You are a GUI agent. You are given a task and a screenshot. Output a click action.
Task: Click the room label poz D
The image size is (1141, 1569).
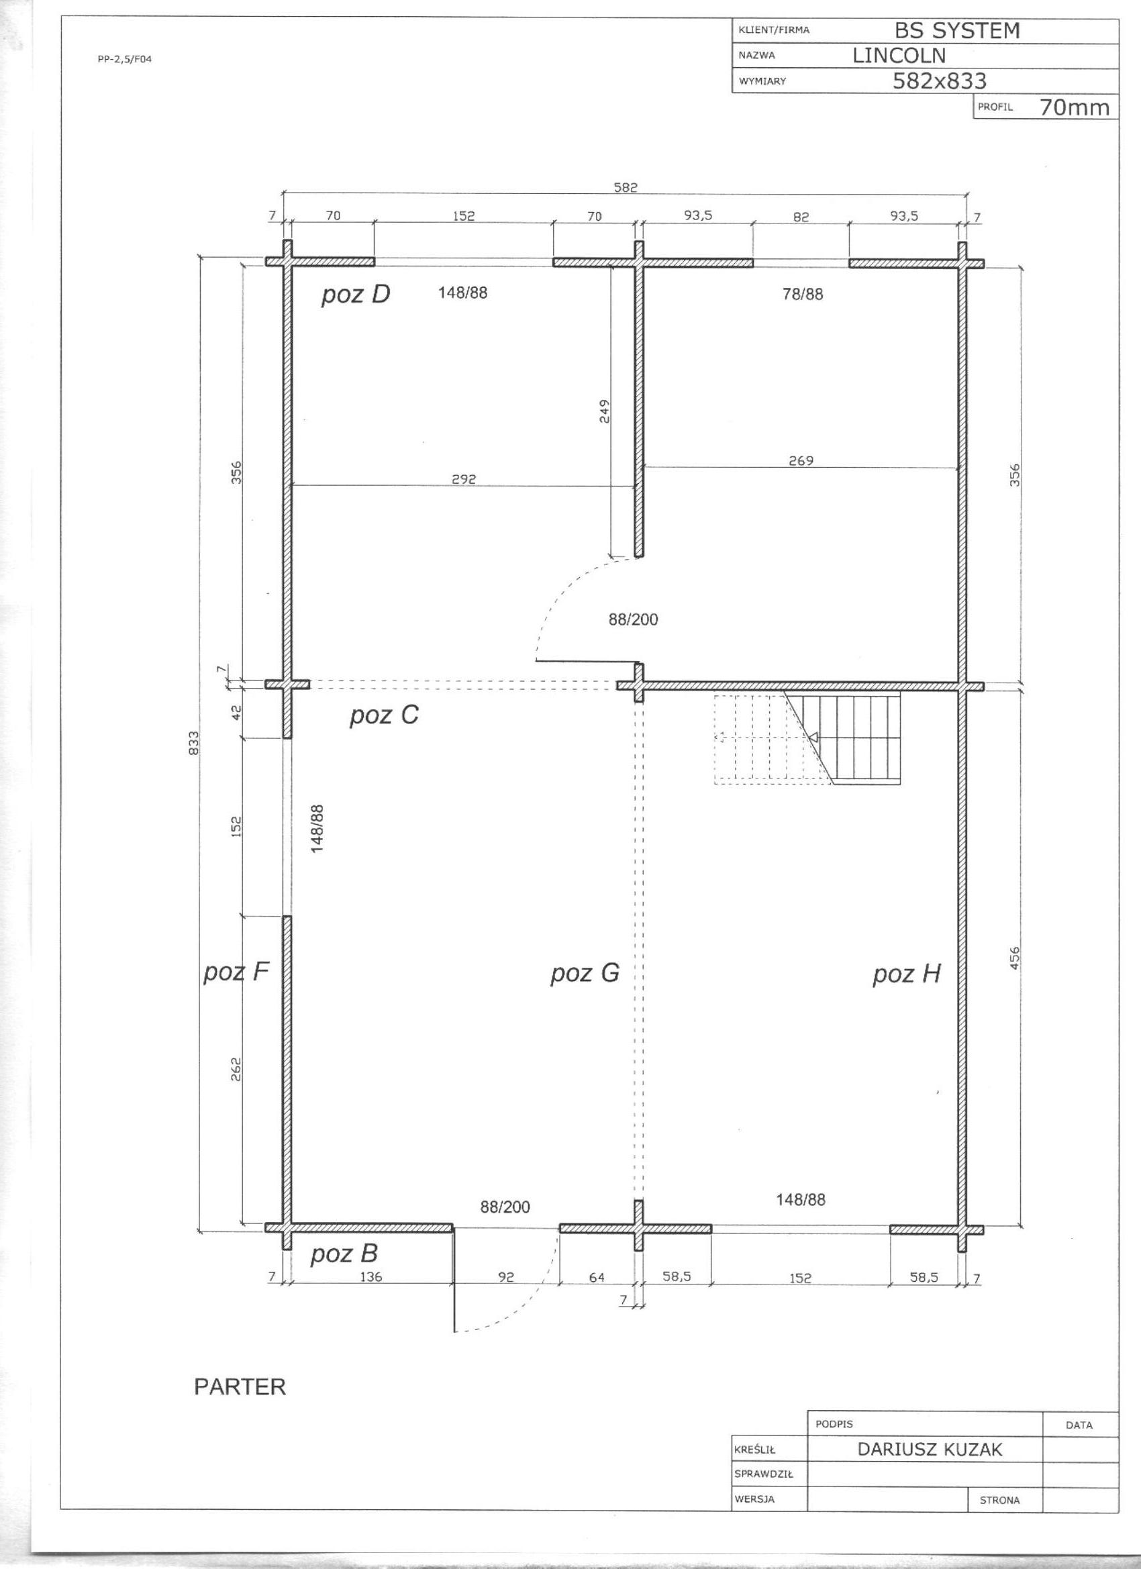356,295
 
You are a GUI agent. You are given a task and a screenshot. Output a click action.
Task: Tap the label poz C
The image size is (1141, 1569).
384,715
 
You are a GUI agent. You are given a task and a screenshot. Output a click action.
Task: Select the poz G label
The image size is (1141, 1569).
585,973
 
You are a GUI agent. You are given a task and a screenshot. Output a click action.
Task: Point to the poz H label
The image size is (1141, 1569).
907,974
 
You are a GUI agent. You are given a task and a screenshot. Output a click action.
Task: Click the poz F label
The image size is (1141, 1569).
236,972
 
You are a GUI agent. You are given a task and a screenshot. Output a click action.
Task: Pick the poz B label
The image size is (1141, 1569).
344,1254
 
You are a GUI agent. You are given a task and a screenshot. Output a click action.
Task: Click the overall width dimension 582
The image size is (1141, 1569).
626,187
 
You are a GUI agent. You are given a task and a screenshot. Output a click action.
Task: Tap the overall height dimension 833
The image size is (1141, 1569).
194,743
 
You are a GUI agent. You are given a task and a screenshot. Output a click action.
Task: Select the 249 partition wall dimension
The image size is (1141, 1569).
604,411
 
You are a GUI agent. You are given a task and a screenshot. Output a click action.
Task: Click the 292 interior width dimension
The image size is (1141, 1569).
464,478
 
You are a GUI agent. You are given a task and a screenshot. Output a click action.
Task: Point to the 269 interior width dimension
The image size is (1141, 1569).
801,461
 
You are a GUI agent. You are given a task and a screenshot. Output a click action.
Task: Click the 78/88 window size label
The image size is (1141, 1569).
803,294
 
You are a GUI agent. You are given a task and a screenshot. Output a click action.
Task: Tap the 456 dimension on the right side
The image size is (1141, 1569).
1014,958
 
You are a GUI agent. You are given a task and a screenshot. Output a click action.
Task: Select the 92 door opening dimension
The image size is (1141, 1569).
507,1277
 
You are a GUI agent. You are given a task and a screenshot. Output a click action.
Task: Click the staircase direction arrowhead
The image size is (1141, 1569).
813,737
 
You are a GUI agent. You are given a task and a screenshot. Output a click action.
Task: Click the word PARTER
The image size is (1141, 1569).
240,1386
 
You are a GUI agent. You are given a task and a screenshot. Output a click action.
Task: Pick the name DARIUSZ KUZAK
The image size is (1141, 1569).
930,1450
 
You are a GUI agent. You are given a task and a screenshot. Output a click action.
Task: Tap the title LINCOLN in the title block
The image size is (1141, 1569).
899,55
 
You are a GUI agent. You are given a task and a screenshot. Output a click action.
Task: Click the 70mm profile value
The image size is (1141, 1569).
1074,107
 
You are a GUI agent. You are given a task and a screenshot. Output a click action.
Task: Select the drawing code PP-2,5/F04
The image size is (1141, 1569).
125,60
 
